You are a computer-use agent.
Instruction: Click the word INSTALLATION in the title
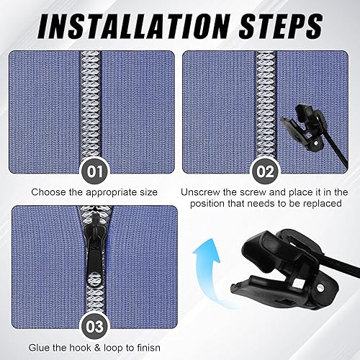134,26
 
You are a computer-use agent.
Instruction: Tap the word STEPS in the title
281,26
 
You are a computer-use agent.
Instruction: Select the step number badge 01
94,172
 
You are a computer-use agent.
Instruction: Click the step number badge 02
265,172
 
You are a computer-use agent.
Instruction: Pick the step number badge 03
94,327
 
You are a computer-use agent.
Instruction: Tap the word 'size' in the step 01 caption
148,192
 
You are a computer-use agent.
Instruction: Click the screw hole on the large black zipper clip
320,287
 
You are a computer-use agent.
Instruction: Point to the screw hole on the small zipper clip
316,143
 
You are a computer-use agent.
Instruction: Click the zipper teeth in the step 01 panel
91,106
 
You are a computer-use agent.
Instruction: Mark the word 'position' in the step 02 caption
207,204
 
